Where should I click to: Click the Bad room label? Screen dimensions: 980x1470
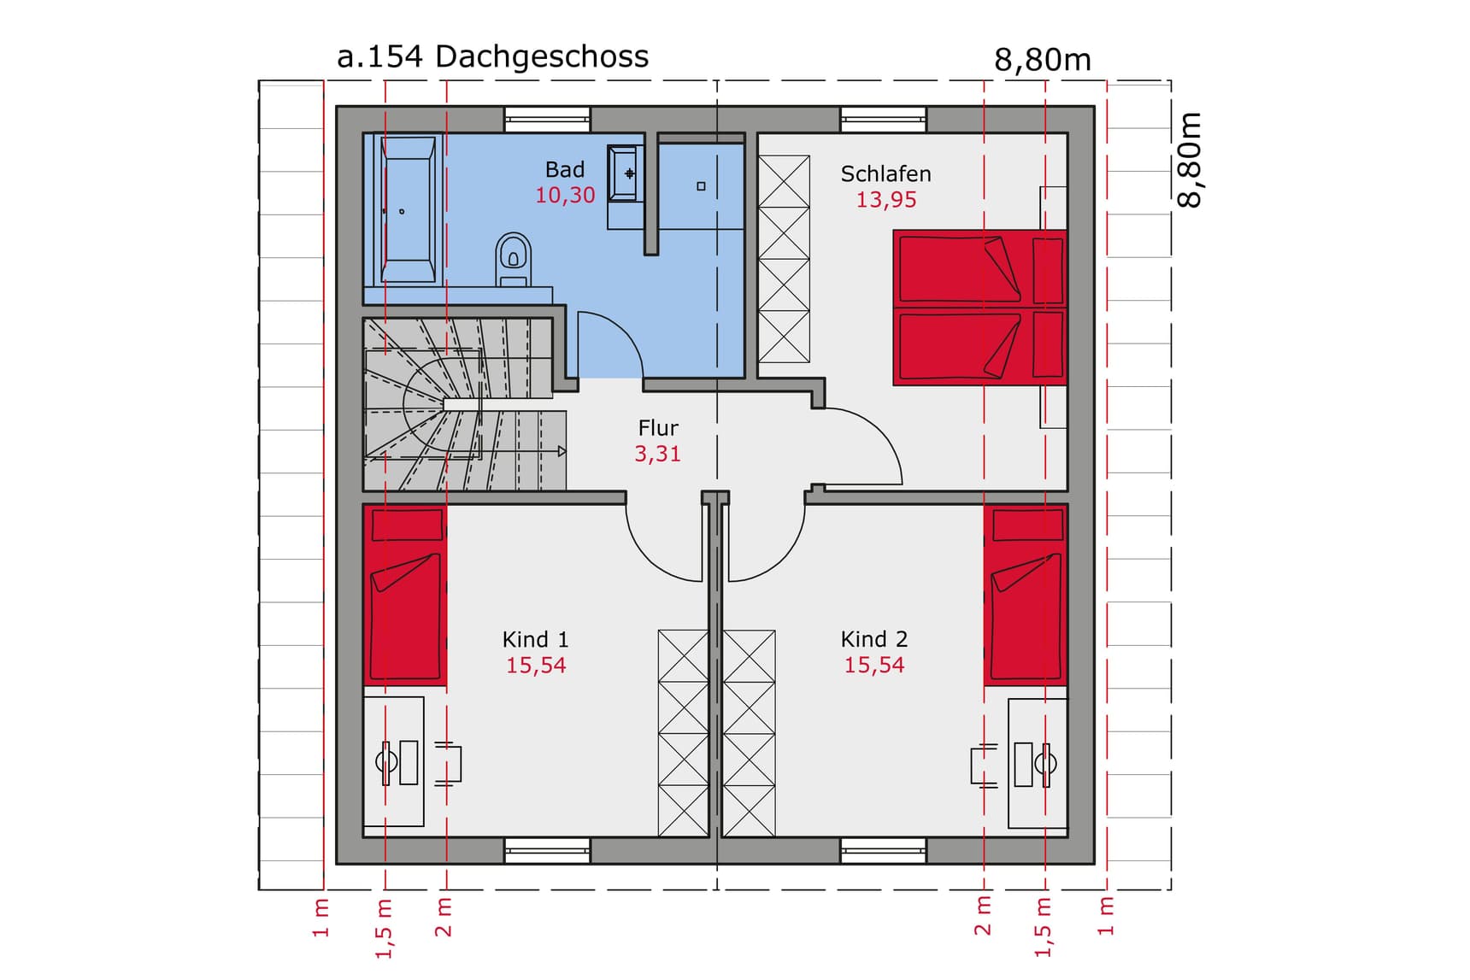click(565, 170)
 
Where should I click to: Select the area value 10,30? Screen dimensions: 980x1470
click(565, 196)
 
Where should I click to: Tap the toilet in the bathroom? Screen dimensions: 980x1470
click(513, 258)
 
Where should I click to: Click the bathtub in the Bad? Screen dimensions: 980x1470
click(408, 210)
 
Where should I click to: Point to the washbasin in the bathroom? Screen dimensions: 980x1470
click(624, 173)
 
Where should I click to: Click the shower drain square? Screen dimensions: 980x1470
click(701, 186)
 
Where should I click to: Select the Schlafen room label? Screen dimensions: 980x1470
click(885, 174)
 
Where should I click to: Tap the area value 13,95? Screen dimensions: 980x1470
click(885, 200)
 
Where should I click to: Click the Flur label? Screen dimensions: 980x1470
click(657, 428)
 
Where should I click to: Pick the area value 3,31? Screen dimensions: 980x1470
click(657, 454)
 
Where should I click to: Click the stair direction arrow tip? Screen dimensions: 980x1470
click(562, 451)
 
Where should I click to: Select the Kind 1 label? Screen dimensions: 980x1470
click(535, 640)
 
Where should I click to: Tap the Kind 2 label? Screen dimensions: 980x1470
click(873, 640)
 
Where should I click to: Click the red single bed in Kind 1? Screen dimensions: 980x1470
click(405, 596)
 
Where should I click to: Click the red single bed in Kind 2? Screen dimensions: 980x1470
click(1025, 596)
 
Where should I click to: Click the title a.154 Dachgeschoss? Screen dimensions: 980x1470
click(492, 56)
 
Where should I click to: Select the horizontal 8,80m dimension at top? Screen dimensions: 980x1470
click(1042, 60)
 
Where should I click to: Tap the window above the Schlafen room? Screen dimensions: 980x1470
click(883, 119)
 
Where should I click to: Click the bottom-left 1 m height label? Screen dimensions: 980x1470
click(320, 917)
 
